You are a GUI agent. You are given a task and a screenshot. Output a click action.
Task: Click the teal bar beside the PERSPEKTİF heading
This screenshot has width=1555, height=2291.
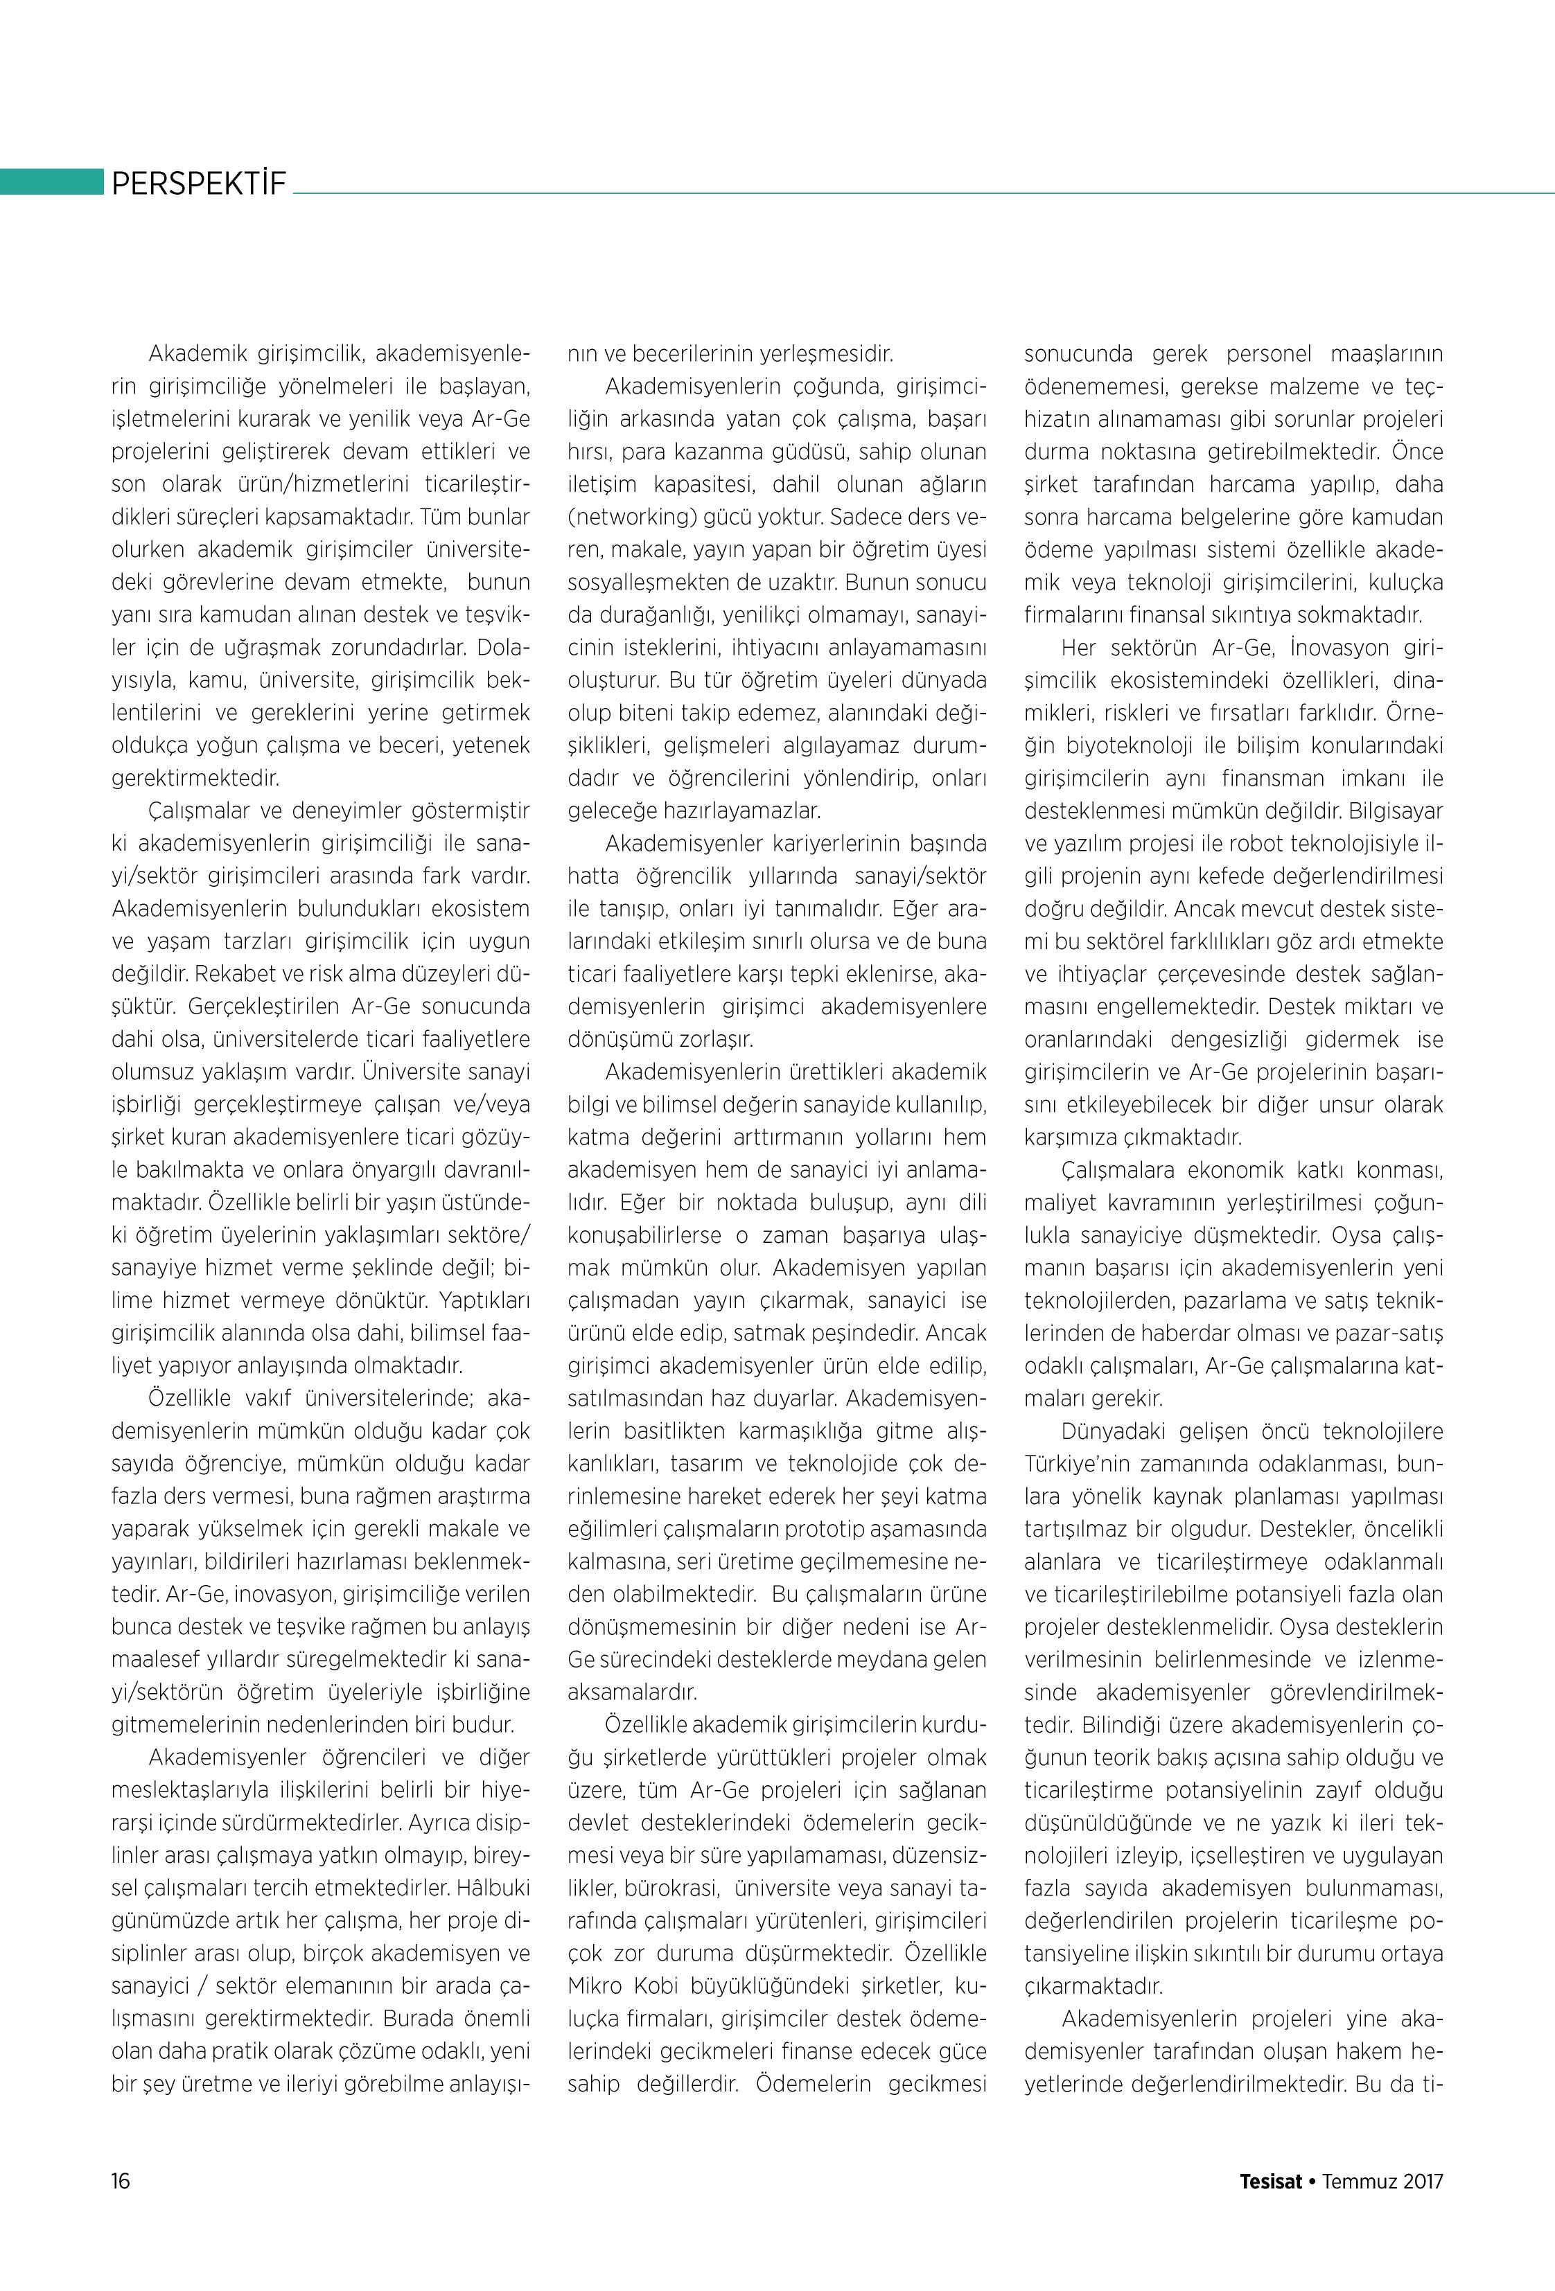click(x=51, y=182)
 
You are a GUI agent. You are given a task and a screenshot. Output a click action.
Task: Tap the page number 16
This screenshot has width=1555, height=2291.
click(x=121, y=2179)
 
